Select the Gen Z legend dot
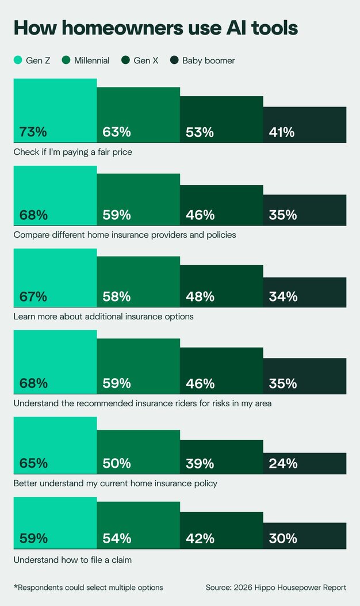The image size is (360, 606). tap(18, 60)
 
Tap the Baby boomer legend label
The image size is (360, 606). tap(208, 60)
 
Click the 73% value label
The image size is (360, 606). tap(33, 132)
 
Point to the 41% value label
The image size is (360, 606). tap(282, 132)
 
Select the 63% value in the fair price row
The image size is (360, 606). tap(117, 132)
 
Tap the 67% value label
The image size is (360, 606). tap(33, 297)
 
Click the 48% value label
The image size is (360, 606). tap(200, 297)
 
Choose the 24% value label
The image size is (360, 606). tap(283, 464)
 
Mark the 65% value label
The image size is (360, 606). tap(33, 464)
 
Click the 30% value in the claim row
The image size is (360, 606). tap(283, 539)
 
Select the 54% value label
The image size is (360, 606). tap(117, 539)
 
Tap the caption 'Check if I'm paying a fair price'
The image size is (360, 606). tap(73, 152)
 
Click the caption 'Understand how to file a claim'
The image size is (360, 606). tap(72, 559)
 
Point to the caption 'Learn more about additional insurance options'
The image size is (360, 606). tap(104, 317)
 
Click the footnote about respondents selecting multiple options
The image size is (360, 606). tap(88, 588)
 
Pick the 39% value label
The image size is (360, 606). tap(200, 464)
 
